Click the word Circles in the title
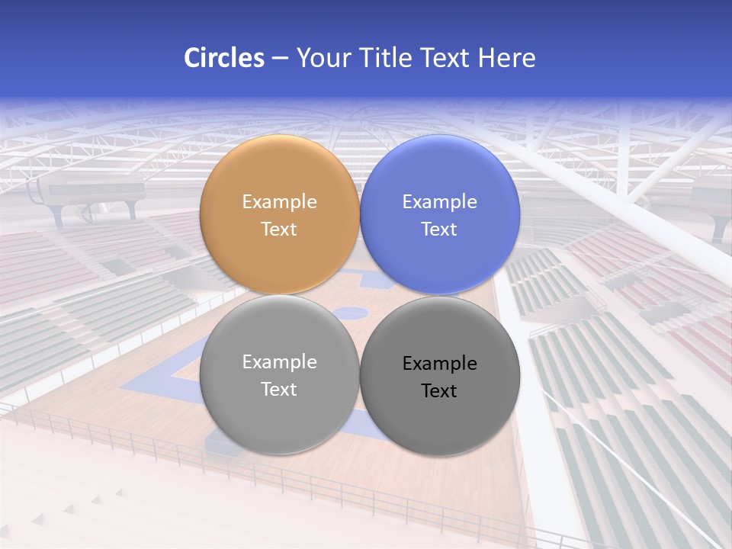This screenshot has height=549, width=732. pos(224,58)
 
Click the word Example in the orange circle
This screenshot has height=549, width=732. pos(279,202)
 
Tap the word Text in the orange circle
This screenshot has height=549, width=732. pos(279,229)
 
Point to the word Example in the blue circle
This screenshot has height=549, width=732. pos(440,202)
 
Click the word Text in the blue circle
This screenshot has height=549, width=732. pos(440,229)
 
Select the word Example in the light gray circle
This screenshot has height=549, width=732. pos(279,362)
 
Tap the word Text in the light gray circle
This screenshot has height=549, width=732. pos(279,389)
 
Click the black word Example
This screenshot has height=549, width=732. pos(440,364)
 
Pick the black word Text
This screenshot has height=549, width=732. pos(440,390)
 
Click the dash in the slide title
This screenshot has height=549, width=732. pos(280,59)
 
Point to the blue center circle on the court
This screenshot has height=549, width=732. pos(352,312)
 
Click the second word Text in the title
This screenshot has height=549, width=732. pos(445,58)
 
